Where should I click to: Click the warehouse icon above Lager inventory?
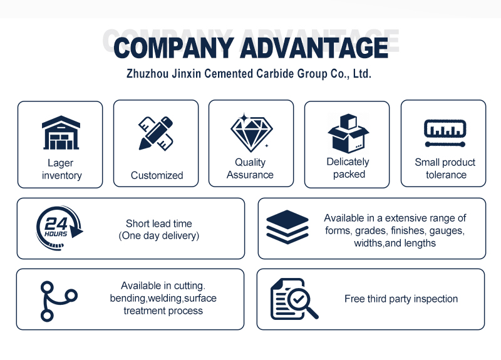pyautogui.click(x=61, y=133)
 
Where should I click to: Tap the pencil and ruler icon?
pyautogui.click(x=155, y=133)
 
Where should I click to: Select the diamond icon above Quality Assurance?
pyautogui.click(x=252, y=133)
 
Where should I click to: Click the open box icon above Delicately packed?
pyautogui.click(x=348, y=133)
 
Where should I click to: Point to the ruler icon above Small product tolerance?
pyautogui.click(x=445, y=133)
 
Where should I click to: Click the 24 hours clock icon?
pyautogui.click(x=59, y=228)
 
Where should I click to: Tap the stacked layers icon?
pyautogui.click(x=287, y=227)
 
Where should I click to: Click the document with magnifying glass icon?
pyautogui.click(x=294, y=299)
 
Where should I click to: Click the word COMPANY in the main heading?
pyautogui.click(x=174, y=48)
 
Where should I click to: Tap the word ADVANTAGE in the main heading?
pyautogui.click(x=314, y=48)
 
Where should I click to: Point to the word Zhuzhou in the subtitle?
pyautogui.click(x=148, y=73)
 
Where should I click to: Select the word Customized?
pyautogui.click(x=157, y=175)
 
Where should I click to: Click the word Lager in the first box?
pyautogui.click(x=60, y=163)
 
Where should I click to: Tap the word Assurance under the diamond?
pyautogui.click(x=250, y=175)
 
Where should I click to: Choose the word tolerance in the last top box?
pyautogui.click(x=446, y=175)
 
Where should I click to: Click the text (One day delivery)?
pyautogui.click(x=159, y=236)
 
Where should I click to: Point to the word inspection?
pyautogui.click(x=436, y=299)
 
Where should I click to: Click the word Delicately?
pyautogui.click(x=348, y=162)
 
